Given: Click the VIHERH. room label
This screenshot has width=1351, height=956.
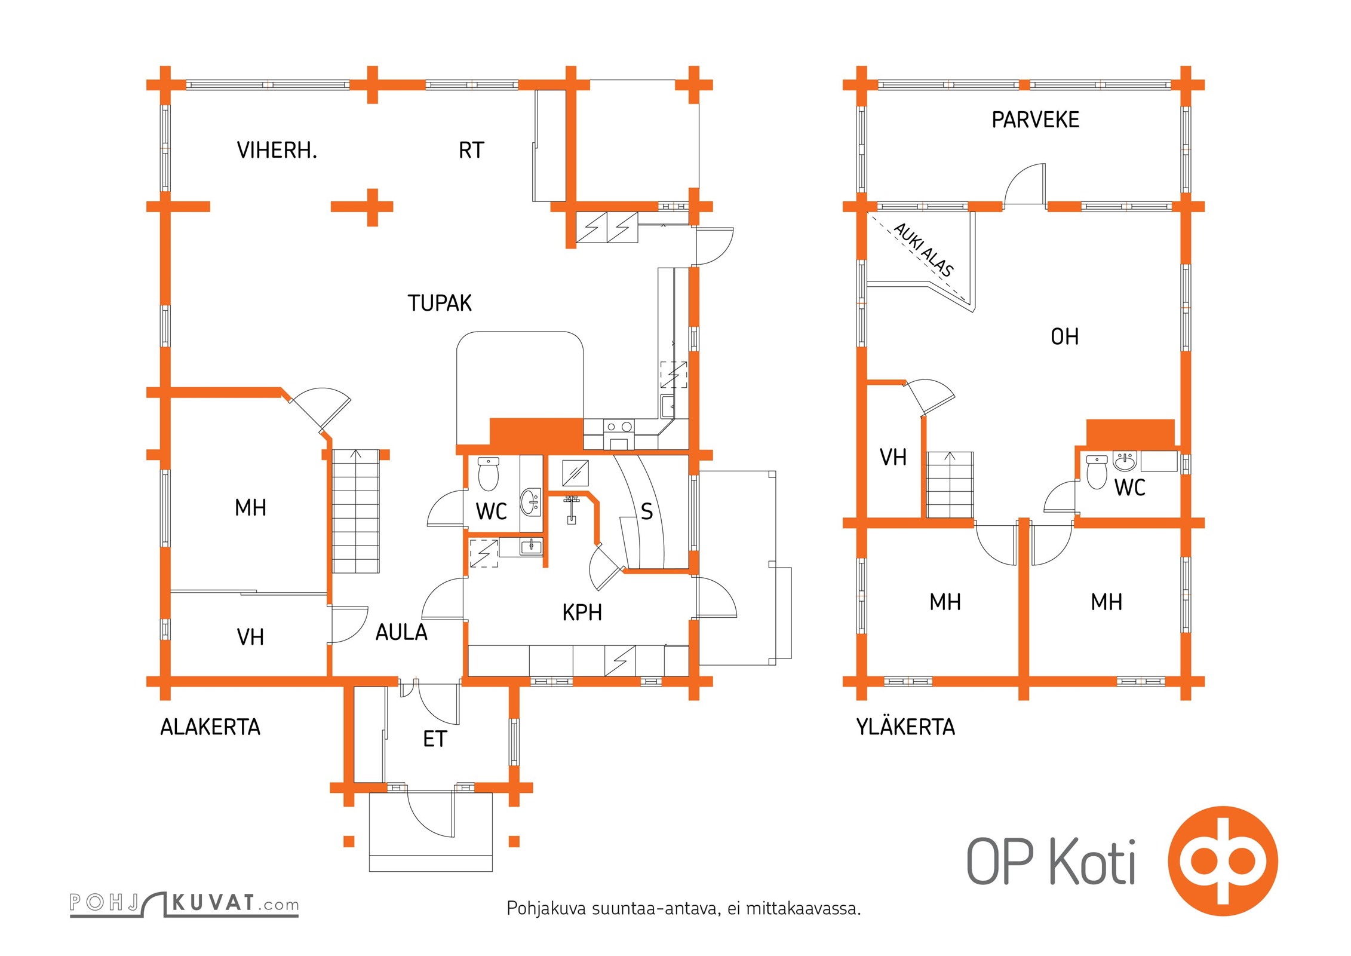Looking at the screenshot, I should pos(277,151).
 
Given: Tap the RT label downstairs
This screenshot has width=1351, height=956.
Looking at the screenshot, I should pos(471,151).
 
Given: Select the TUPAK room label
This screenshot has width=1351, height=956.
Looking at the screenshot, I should pos(440,304).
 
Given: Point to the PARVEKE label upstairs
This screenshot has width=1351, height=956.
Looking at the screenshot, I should pos(1035,120).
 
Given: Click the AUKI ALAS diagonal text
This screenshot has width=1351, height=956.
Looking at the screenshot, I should pos(923,249).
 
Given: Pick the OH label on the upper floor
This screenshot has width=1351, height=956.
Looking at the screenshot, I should pos(1064,337).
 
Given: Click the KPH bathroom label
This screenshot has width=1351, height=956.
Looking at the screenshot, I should pos(582,613).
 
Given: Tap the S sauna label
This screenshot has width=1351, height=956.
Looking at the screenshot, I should pos(646,511).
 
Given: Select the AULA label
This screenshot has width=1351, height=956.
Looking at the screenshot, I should pos(401,633).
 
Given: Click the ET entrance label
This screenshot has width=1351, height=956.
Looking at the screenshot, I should pos(434,740).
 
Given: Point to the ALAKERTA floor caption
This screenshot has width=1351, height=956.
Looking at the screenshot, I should pos(210,727).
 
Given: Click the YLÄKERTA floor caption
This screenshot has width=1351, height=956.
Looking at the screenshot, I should pos(905,727).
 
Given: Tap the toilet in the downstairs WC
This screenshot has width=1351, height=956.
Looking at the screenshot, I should pos(489,474).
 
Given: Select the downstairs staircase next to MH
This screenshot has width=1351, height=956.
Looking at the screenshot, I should pos(355,511).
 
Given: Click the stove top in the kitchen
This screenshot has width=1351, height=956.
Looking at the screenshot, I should pos(619,427).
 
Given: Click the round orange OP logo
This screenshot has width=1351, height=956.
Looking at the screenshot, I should pos(1223,861).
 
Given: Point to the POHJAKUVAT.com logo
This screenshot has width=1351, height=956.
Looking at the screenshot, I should pos(184,903).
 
